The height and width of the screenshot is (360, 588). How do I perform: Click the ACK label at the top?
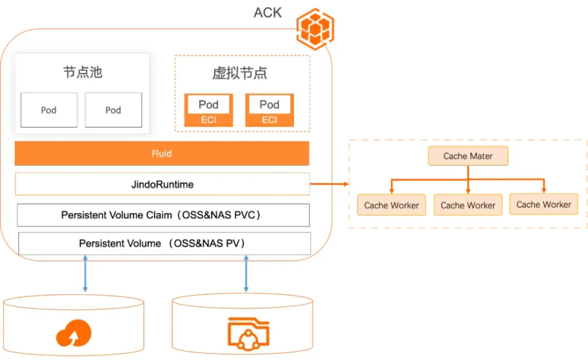coord(268,12)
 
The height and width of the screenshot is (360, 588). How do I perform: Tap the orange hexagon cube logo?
coord(315,29)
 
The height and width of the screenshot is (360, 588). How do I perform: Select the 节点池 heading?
coord(82,72)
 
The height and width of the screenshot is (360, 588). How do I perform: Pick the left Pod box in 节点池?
coord(49,110)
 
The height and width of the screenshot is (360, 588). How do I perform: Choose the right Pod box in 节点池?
coord(113,110)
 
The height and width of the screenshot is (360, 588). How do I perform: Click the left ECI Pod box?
coord(208,110)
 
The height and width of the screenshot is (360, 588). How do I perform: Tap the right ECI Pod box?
coord(269,110)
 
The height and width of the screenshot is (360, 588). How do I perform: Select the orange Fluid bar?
coord(162,154)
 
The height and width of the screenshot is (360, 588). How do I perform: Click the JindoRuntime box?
coord(162,184)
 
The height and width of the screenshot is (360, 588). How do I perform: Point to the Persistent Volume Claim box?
coord(163,215)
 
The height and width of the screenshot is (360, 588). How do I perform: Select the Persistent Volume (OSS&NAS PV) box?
coord(164,244)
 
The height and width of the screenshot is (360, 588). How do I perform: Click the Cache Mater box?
coord(468,156)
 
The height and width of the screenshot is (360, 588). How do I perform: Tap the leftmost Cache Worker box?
coord(392,205)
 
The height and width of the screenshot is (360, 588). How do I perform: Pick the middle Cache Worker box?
coord(468,205)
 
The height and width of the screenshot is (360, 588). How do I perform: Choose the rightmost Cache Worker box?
coord(544,204)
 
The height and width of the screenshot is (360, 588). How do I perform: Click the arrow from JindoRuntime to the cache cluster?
coord(329,184)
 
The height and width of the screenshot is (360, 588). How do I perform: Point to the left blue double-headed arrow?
coord(85,273)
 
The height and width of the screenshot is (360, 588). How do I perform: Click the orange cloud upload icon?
coord(73,334)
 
